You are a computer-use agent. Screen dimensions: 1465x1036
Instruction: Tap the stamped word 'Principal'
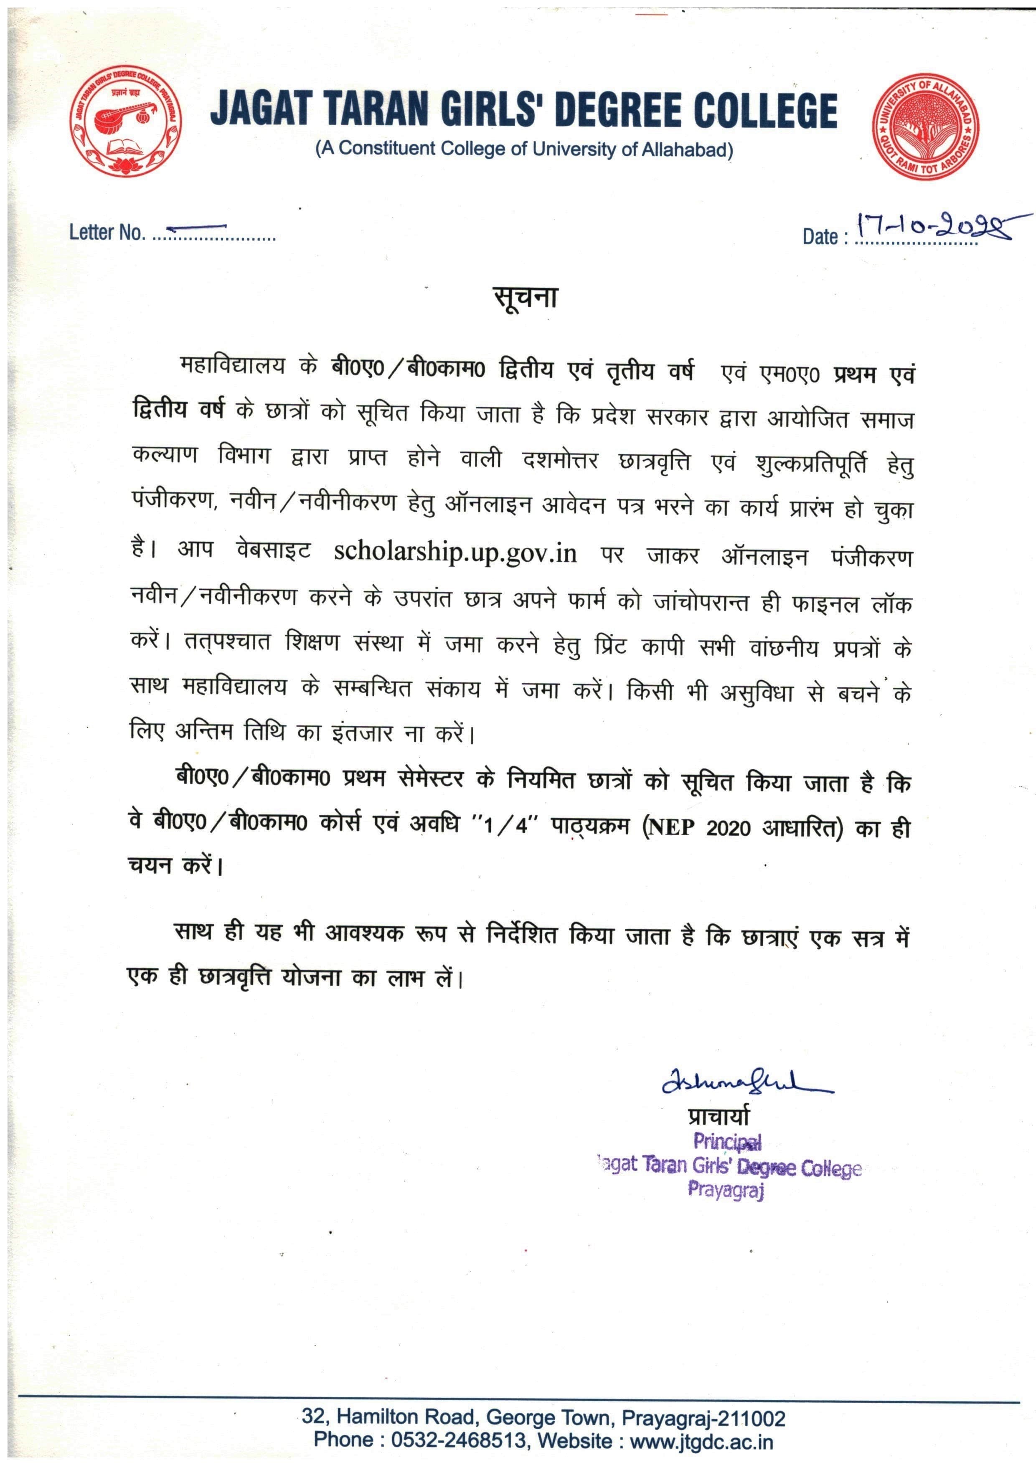click(727, 1141)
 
